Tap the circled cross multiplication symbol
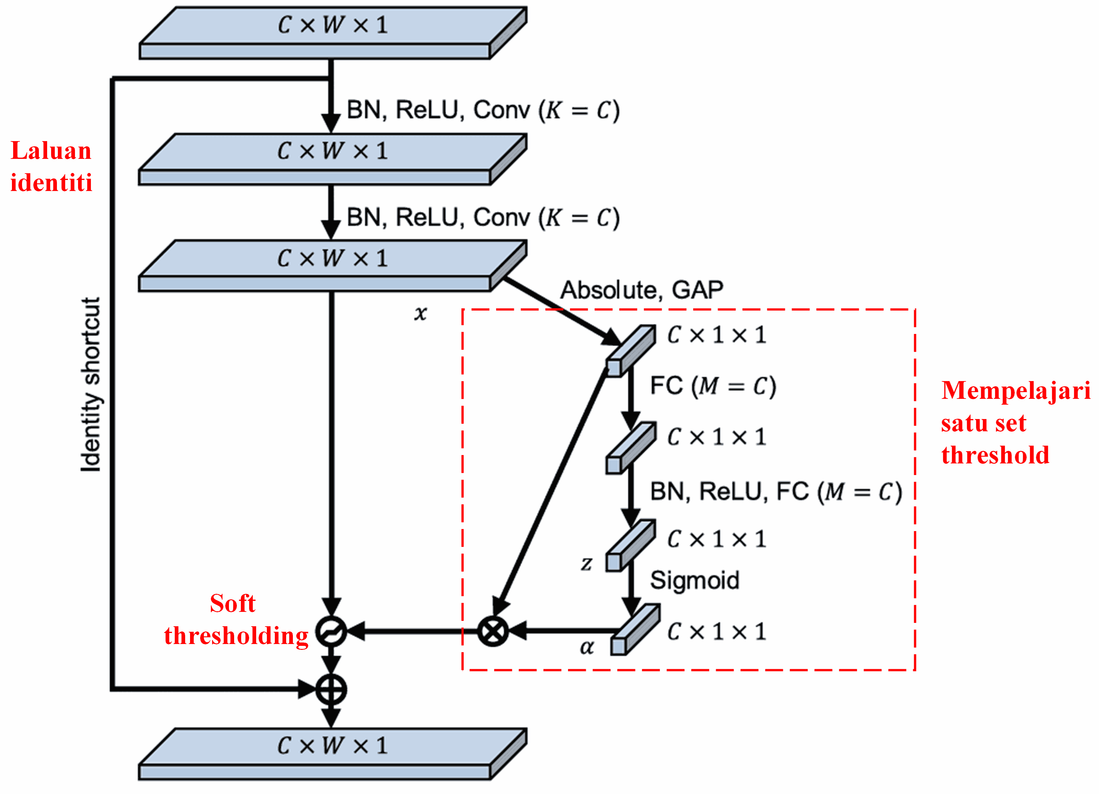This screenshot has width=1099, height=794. point(493,631)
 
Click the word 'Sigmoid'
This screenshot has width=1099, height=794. point(694,580)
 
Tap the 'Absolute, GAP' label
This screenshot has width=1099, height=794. point(641,290)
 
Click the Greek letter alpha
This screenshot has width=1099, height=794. point(586,647)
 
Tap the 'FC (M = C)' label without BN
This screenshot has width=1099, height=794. point(713,386)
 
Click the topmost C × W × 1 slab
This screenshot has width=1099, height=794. point(332,33)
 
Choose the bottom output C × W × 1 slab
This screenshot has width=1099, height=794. point(332,754)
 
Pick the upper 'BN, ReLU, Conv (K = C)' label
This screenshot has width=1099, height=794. point(483,110)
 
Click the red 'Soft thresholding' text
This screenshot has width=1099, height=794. point(236,620)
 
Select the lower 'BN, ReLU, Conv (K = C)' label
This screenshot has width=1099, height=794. point(483,218)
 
